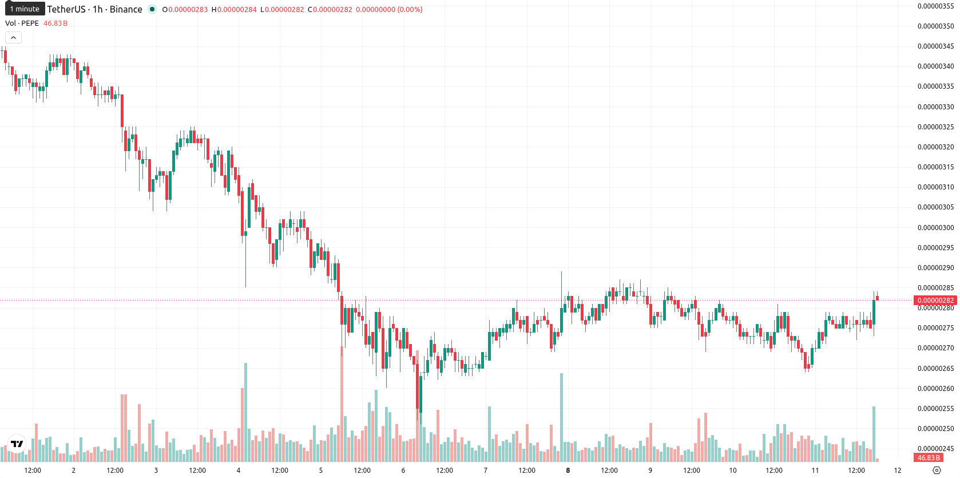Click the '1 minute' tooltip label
25,9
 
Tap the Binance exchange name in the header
126,9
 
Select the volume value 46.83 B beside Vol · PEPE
55,23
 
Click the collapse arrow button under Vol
13,38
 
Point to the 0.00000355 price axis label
935,6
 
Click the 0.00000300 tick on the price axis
935,227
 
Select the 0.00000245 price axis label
935,448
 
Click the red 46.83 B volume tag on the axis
929,457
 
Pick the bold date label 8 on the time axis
568,471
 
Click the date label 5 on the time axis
320,471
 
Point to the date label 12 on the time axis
898,471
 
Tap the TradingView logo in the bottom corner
17,444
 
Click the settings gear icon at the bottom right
937,471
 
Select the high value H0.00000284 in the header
234,9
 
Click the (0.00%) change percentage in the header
410,9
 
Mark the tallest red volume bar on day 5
342,404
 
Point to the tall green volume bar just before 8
561,417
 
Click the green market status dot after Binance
152,9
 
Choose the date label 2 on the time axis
73,471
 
